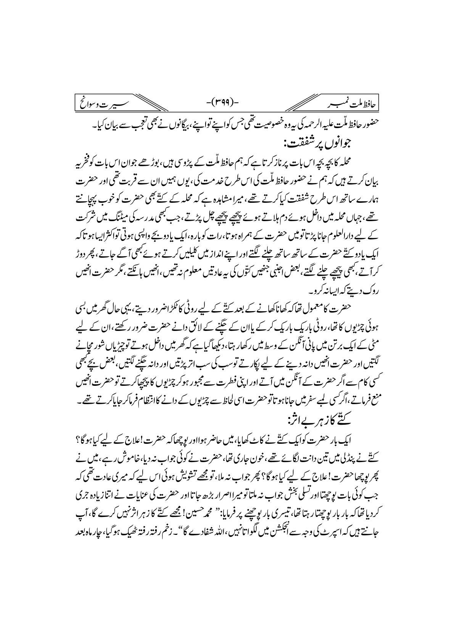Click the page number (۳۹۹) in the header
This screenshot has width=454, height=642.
pyautogui.click(x=227, y=102)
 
